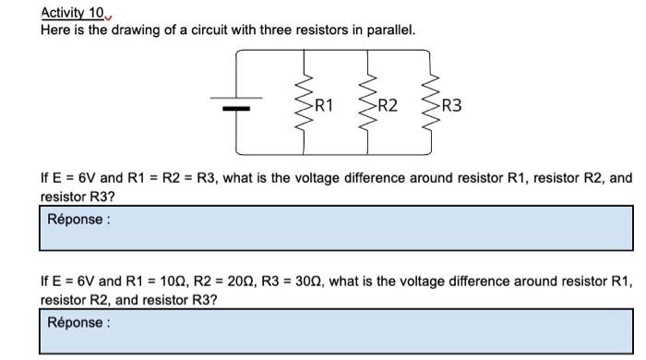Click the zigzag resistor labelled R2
[369, 104]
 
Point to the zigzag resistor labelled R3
[431, 104]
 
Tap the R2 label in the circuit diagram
[389, 105]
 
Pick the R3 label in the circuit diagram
[452, 105]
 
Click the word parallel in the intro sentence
[391, 30]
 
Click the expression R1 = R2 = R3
[170, 177]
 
